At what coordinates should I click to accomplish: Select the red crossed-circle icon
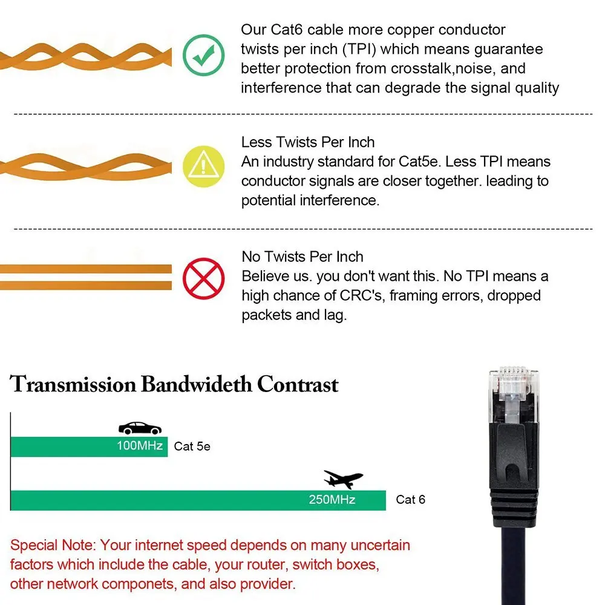204,278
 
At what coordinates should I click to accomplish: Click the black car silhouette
140,428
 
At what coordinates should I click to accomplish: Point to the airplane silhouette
342,479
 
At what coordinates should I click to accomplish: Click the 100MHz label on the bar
140,446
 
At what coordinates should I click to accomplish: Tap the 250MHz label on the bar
332,500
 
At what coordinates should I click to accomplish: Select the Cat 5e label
192,447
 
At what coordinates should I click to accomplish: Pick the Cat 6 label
410,500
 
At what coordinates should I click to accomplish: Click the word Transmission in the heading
73,385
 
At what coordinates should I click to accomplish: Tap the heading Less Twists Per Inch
308,142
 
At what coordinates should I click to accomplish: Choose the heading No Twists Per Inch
302,257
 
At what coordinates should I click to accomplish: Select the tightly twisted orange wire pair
85,56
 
